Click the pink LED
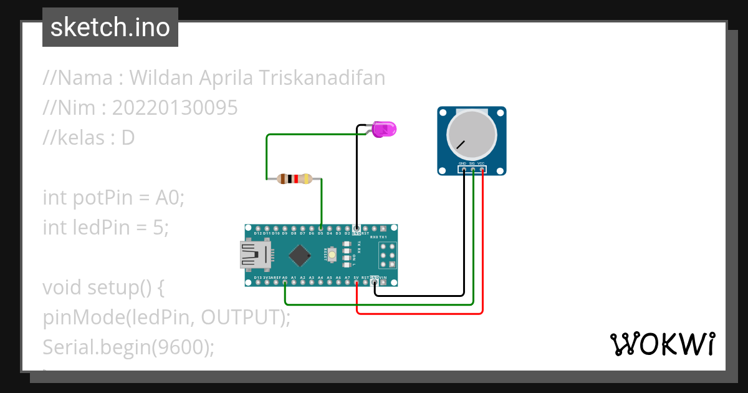385,130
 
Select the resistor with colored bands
294,180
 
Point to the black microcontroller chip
300,255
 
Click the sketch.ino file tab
110,27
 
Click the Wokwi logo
662,344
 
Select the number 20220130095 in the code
175,108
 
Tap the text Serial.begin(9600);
128,347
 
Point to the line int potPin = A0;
114,198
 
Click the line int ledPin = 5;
106,228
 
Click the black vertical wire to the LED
357,181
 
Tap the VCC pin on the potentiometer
482,169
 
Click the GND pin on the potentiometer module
464,169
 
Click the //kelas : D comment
89,138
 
